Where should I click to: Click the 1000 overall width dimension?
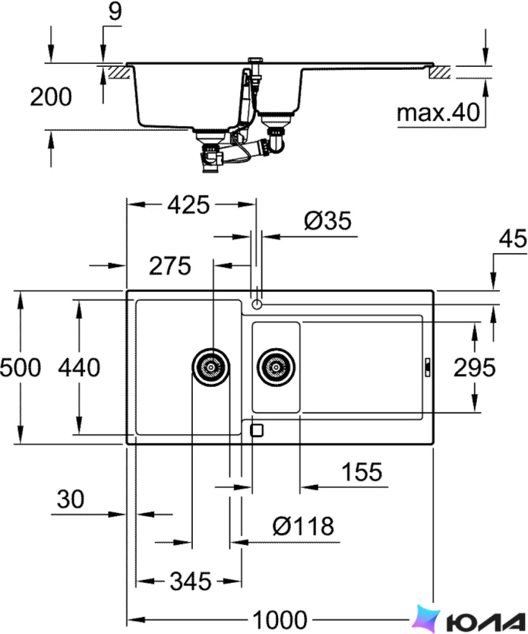280,619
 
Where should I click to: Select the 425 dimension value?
189,205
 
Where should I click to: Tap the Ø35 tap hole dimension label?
328,221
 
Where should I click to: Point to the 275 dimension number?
170,266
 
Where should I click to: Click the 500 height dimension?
20,368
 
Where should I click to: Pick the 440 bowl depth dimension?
79,368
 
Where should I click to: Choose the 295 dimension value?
474,368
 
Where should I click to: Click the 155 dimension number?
362,472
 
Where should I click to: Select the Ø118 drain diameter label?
303,526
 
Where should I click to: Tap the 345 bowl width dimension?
191,582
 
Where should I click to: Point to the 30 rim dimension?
71,499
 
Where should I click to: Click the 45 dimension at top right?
513,239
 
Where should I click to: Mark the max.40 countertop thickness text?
438,113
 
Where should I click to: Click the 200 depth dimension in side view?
51,97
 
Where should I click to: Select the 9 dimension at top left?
115,12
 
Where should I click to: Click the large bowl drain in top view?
211,367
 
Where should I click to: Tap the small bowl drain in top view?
276,367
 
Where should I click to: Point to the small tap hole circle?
257,304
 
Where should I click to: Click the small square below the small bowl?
257,430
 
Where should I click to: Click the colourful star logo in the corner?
427,618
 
